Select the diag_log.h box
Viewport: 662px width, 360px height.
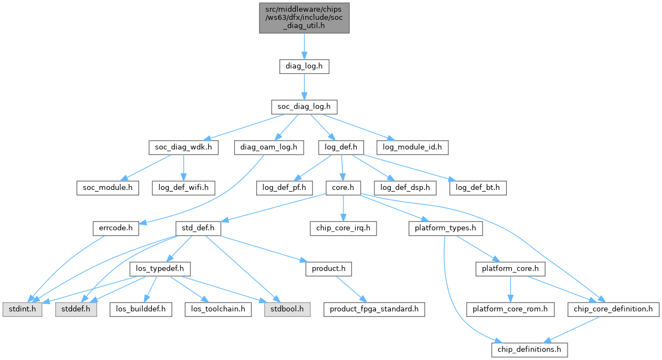304,67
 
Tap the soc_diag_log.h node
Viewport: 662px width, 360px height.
304,107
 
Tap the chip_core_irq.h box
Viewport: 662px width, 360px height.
343,227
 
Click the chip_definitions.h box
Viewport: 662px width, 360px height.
529,350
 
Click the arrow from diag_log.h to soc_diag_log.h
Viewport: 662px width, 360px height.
304,87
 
